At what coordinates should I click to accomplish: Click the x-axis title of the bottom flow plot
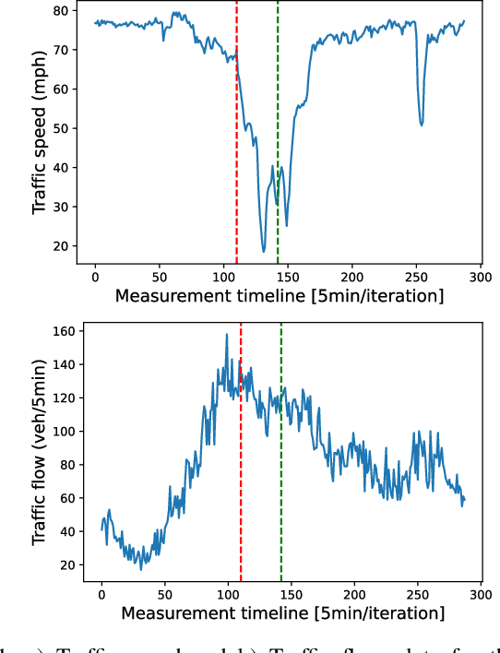tap(282, 612)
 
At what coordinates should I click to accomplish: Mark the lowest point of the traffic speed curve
tap(264, 251)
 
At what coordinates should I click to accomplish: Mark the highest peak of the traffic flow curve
tap(226, 335)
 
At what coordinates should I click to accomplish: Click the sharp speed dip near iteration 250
tap(422, 124)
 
